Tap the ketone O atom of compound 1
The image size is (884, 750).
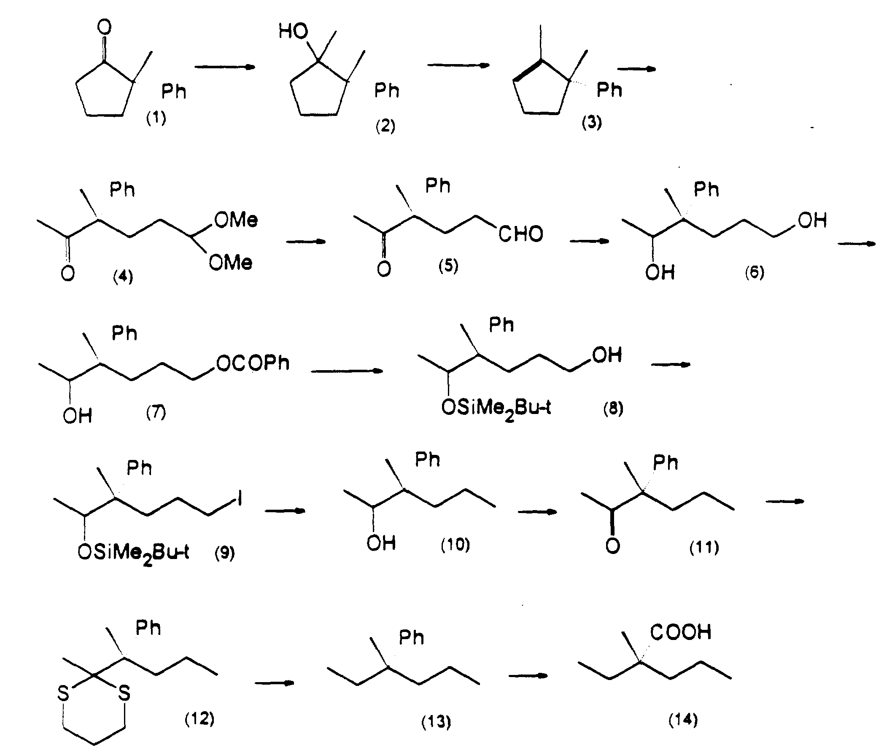pyautogui.click(x=104, y=27)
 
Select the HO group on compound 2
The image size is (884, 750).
pyautogui.click(x=293, y=31)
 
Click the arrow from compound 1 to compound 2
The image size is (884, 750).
pyautogui.click(x=225, y=66)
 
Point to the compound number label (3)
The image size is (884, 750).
pyautogui.click(x=592, y=122)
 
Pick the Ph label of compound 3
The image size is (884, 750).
pyautogui.click(x=609, y=90)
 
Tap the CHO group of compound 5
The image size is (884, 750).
pyautogui.click(x=521, y=234)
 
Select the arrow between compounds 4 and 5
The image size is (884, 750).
pyautogui.click(x=305, y=242)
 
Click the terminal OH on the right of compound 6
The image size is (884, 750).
pyautogui.click(x=812, y=220)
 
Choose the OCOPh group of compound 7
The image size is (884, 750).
pyautogui.click(x=253, y=363)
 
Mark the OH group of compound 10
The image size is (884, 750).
pyautogui.click(x=381, y=543)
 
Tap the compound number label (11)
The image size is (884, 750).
pyautogui.click(x=704, y=547)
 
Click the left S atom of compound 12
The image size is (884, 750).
pyautogui.click(x=63, y=694)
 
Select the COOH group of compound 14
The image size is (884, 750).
pyautogui.click(x=681, y=632)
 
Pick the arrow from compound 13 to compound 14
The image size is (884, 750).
pyautogui.click(x=528, y=676)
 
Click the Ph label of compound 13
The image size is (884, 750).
pyautogui.click(x=411, y=638)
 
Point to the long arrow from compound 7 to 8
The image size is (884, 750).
pyautogui.click(x=347, y=371)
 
